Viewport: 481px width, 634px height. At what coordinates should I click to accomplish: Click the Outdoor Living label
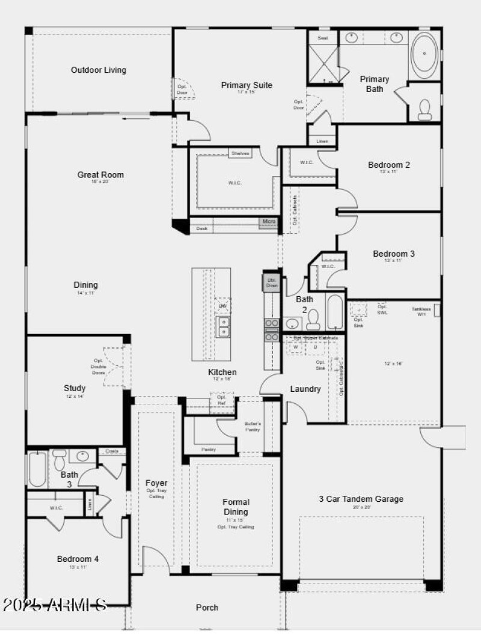click(99, 70)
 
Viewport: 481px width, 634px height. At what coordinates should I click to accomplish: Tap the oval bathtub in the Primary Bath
click(424, 53)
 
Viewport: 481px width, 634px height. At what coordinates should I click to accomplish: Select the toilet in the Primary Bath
click(425, 109)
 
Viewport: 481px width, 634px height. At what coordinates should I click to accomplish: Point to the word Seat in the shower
click(323, 38)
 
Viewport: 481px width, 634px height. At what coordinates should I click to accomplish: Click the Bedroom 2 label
click(389, 165)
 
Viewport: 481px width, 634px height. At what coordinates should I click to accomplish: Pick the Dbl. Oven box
click(271, 283)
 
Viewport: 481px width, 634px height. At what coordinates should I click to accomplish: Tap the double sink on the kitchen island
click(223, 327)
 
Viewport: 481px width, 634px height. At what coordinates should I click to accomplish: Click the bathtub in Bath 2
click(334, 311)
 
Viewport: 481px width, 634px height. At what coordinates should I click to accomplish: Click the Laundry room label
click(305, 389)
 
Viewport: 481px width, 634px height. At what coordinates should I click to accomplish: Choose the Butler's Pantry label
click(253, 427)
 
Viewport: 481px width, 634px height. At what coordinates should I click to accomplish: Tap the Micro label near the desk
click(269, 222)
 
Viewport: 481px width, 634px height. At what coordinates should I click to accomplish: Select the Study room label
click(75, 388)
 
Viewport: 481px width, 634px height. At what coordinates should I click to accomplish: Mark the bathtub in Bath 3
click(37, 469)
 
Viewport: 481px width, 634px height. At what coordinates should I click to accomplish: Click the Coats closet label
click(112, 451)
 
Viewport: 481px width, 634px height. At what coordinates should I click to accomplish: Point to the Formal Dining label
click(236, 507)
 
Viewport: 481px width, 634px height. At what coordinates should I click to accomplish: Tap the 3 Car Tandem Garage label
click(361, 499)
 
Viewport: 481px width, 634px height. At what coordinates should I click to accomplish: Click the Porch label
click(207, 608)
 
